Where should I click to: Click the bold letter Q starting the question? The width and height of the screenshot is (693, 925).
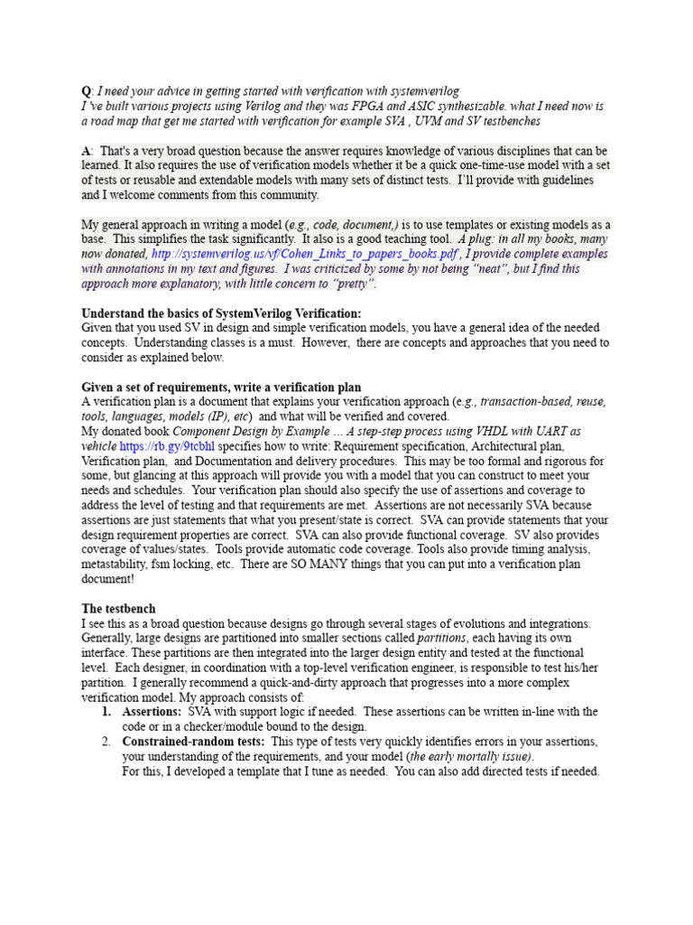pos(86,91)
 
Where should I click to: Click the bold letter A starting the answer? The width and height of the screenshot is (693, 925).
pos(86,150)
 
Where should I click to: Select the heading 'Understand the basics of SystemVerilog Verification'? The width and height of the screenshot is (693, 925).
pos(221,313)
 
